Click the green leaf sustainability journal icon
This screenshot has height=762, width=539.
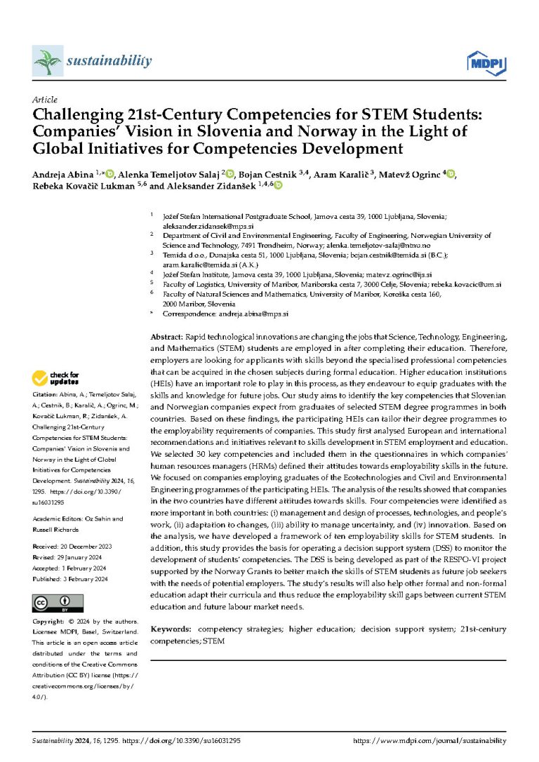click(x=46, y=62)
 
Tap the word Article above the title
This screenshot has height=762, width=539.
click(x=45, y=100)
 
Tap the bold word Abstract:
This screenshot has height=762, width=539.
click(x=168, y=337)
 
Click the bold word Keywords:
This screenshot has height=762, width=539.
click(x=172, y=629)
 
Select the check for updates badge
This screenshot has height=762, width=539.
click(x=56, y=380)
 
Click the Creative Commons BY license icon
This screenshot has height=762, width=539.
click(x=58, y=603)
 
